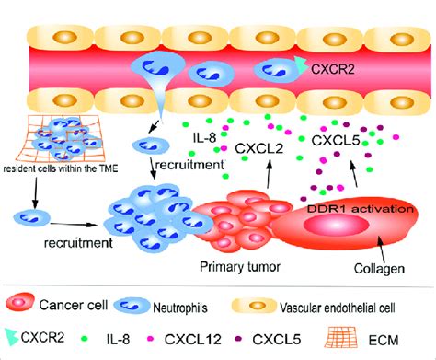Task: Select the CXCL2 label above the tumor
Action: (x=261, y=146)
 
